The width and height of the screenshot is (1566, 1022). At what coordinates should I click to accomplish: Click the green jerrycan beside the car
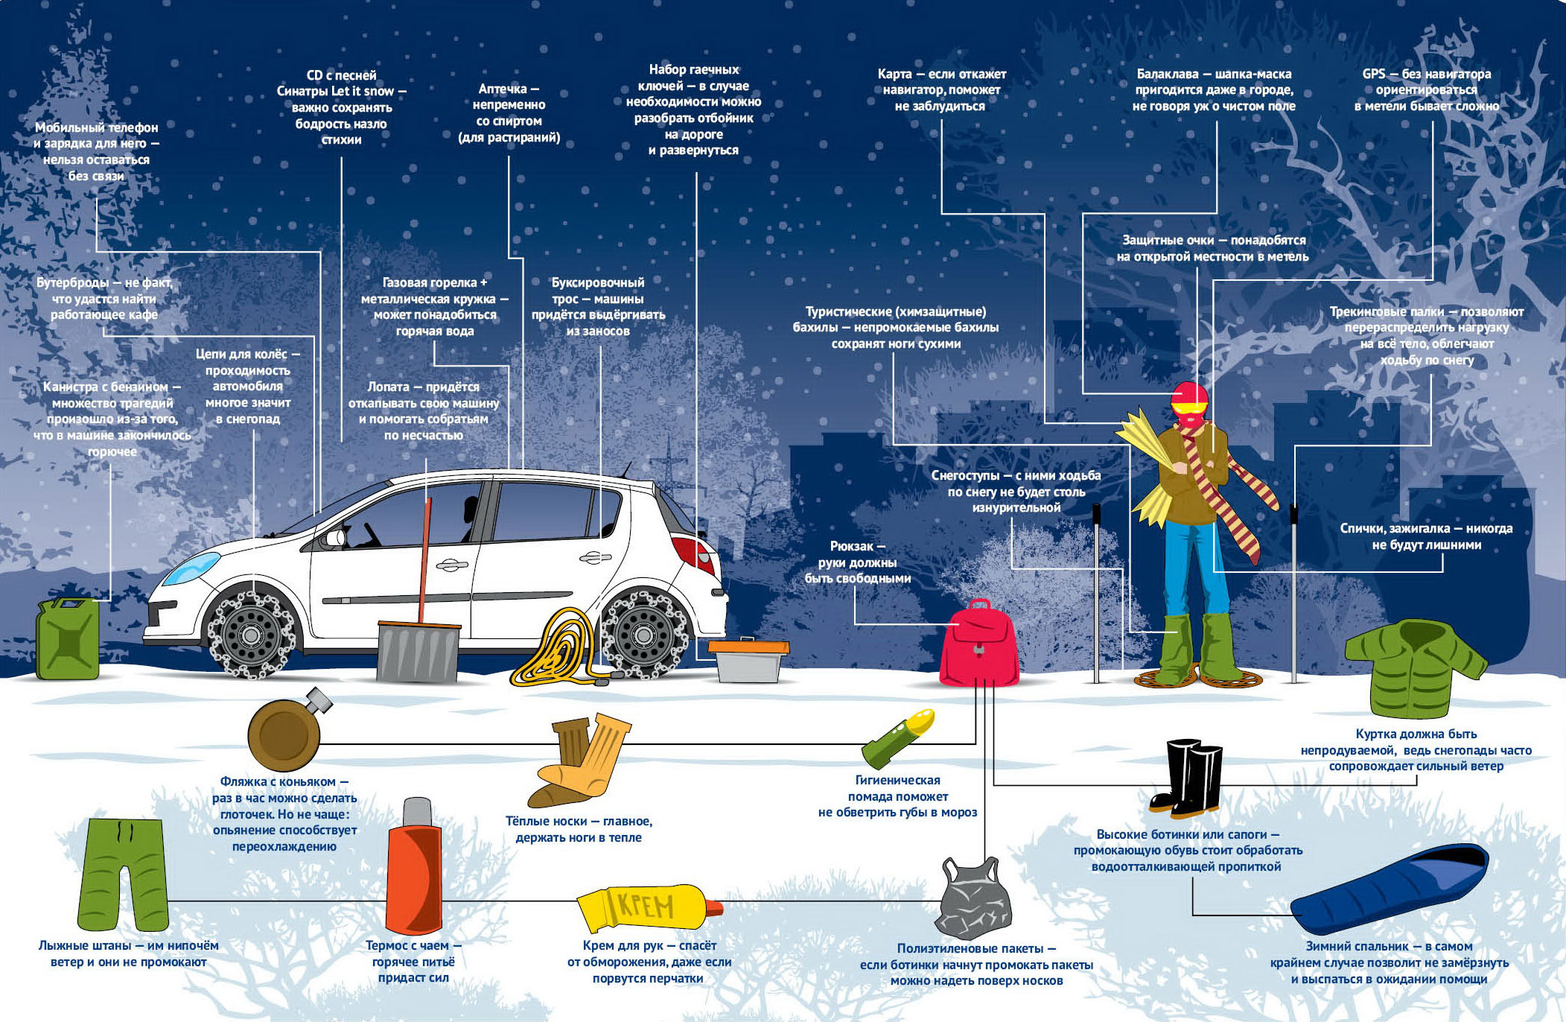[x=68, y=638]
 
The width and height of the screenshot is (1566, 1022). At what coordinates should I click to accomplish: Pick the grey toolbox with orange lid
[x=748, y=660]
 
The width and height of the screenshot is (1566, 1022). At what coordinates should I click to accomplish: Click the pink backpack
[x=978, y=644]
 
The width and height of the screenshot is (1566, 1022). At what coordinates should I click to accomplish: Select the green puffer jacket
[x=1416, y=665]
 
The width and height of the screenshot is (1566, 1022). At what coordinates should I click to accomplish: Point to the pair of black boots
[x=1186, y=776]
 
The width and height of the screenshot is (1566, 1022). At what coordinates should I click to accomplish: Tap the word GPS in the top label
[x=1374, y=74]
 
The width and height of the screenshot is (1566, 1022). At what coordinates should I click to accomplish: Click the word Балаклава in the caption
[x=1168, y=74]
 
